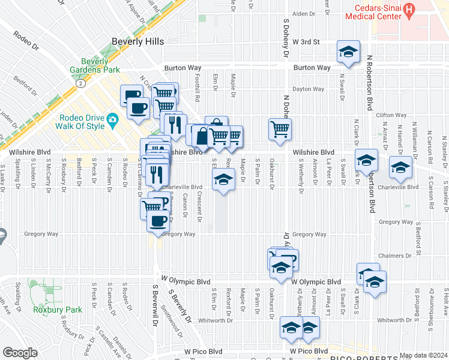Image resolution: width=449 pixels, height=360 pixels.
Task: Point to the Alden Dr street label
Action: tap(303, 14)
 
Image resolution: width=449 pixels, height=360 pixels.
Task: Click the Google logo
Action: tap(20, 353)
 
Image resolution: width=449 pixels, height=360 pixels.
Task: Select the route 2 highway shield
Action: tap(79, 83)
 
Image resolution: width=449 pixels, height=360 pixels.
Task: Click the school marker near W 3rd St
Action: tap(348, 52)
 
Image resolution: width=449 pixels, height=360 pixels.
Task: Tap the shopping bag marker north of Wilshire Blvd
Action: tap(201, 134)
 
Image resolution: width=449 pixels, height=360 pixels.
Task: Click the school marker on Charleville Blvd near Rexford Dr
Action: tap(223, 179)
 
